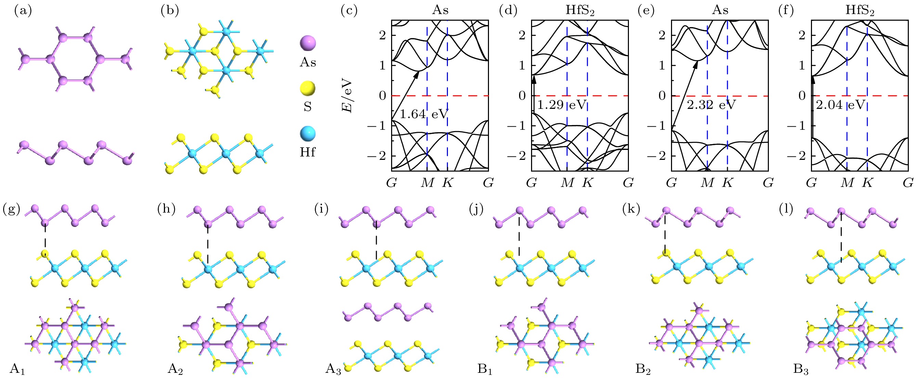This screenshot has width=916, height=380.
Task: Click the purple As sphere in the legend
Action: tap(308, 43)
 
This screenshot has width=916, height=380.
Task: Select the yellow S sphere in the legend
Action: tap(308, 88)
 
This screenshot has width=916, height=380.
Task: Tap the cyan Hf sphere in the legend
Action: tap(308, 134)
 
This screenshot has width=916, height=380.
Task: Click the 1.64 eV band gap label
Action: tap(424, 114)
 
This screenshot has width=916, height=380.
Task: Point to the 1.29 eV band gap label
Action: tap(561, 105)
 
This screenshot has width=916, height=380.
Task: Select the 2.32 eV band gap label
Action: tap(711, 105)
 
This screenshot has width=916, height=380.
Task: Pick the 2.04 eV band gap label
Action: tap(840, 105)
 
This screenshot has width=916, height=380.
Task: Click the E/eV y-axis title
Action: tap(347, 96)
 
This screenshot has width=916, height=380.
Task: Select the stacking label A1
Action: tap(17, 369)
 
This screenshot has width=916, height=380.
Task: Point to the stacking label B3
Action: tap(801, 369)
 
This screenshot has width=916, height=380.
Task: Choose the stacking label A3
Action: tap(333, 369)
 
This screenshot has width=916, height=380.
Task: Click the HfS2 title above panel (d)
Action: tap(580, 10)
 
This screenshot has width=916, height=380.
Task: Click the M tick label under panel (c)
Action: tap(427, 182)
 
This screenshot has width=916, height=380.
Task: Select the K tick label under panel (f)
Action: tap(867, 182)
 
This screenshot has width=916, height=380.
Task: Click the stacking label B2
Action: tap(643, 369)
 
